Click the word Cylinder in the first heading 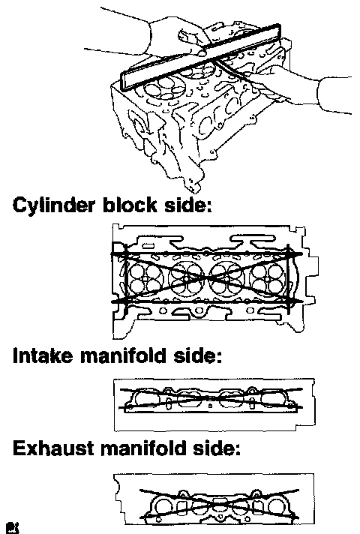coord(52,206)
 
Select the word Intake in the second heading coord(43,356)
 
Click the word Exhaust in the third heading coord(52,448)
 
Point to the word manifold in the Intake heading coord(124,356)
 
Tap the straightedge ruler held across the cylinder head coord(201,56)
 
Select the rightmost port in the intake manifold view coord(274,398)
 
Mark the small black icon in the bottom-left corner coord(14,528)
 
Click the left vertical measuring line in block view coord(124,278)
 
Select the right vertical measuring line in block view coord(289,278)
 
